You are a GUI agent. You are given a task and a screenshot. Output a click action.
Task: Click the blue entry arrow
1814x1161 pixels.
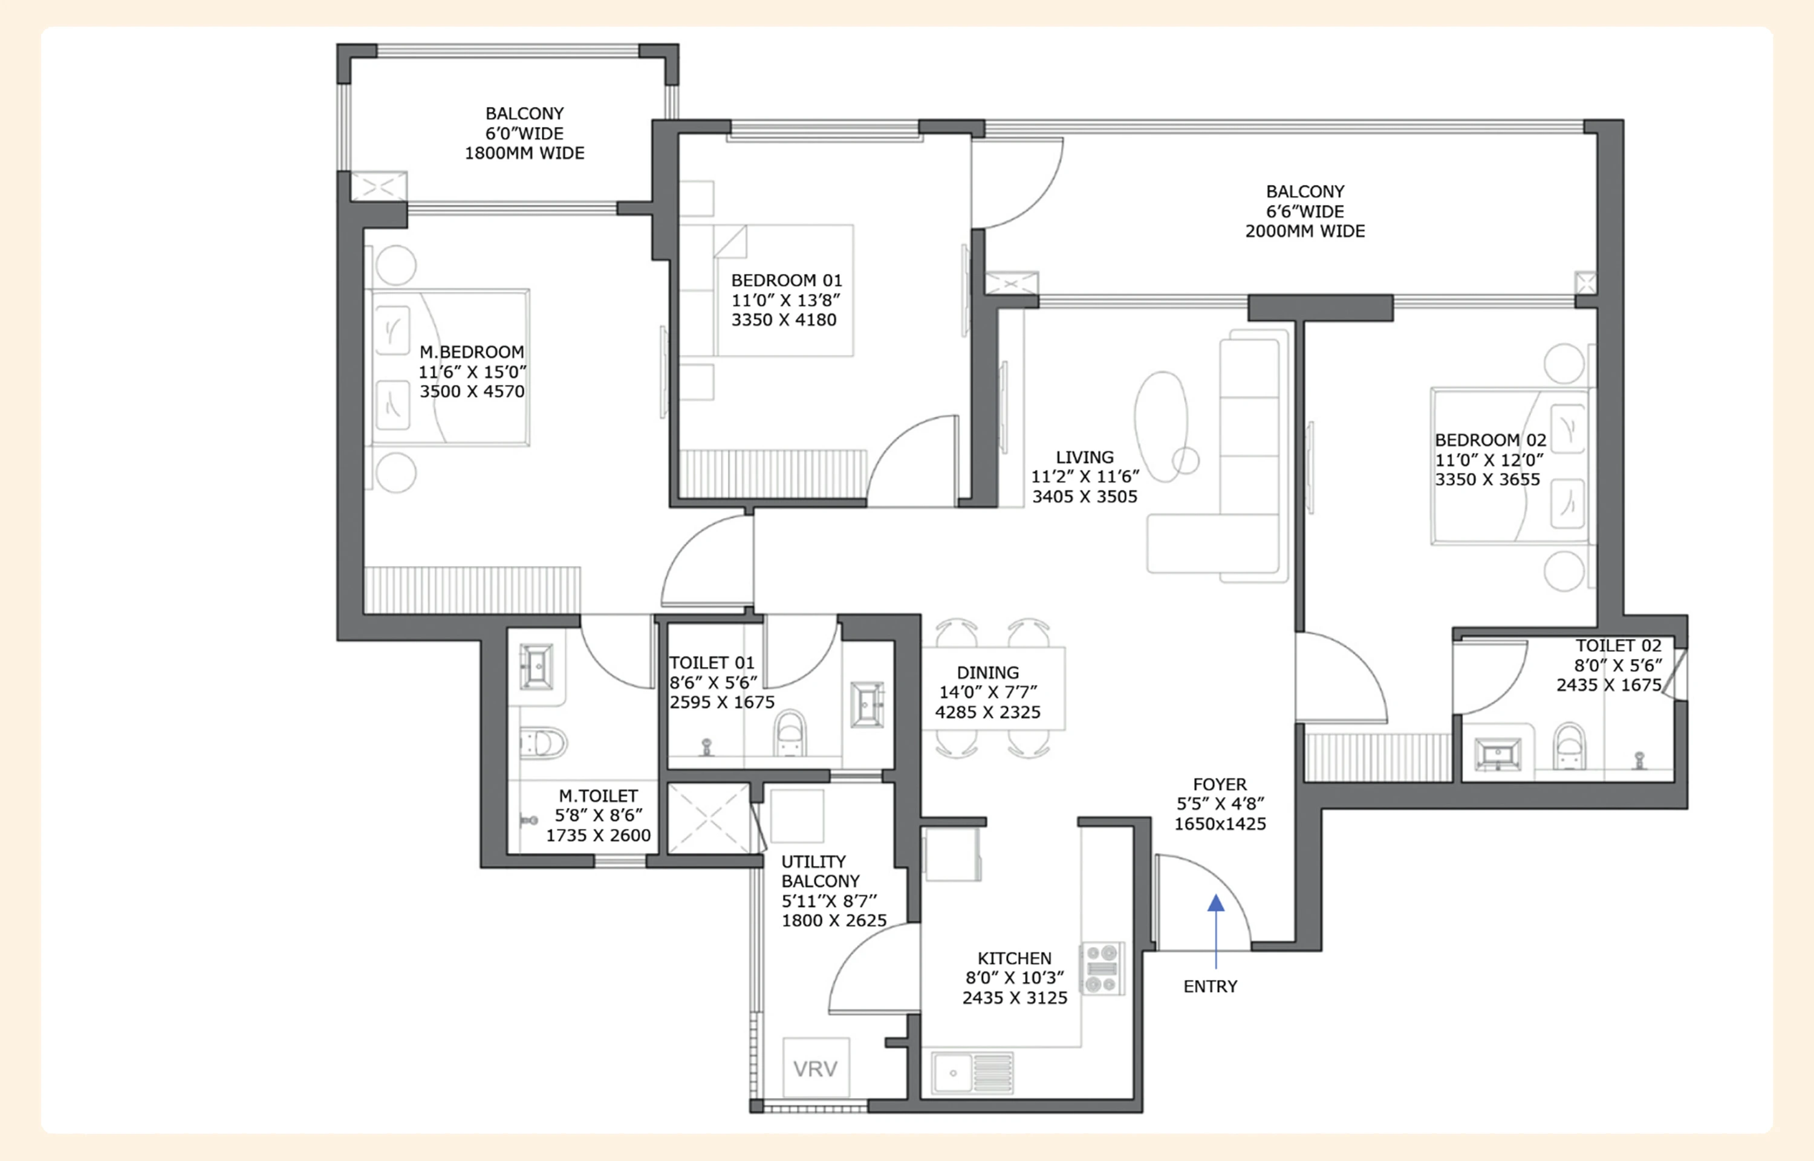[x=1215, y=931]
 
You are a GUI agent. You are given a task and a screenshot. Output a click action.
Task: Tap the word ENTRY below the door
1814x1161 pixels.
[x=1211, y=987]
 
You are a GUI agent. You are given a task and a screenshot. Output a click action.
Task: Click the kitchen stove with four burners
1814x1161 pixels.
[x=1102, y=968]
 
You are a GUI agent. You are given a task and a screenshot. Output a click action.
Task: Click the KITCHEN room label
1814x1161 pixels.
[x=1015, y=958]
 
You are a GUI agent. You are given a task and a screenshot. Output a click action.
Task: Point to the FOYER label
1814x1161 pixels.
[x=1220, y=784]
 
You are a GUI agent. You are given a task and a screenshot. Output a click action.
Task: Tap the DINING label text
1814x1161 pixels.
[x=987, y=672]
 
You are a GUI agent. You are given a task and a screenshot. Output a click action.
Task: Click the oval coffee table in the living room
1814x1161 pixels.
[x=1162, y=427]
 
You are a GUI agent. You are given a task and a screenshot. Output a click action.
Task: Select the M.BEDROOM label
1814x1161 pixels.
[x=472, y=352]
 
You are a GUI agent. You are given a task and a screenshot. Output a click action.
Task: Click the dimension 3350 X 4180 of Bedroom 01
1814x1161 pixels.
[x=784, y=320]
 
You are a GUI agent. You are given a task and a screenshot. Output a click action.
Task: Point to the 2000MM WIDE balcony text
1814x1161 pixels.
[x=1304, y=232]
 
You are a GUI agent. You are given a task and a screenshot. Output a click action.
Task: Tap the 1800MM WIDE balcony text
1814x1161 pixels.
[x=524, y=153]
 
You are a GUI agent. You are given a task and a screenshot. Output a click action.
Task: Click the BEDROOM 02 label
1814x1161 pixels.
[x=1490, y=440]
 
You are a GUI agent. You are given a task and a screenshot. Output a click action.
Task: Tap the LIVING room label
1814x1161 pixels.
[x=1085, y=458]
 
